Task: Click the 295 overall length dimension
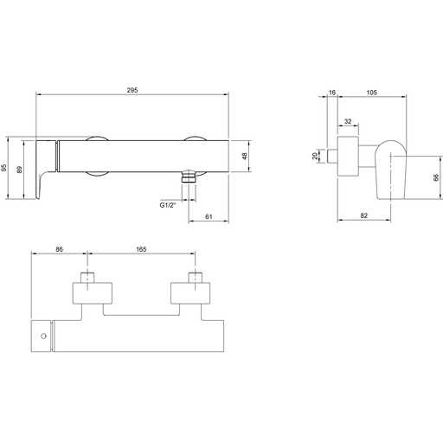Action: click(132, 90)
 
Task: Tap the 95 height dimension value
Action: click(3, 168)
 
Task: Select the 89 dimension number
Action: click(19, 170)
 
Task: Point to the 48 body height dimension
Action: click(244, 157)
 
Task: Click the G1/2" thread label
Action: click(168, 205)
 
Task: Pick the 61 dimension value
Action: click(209, 216)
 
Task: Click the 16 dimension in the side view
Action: click(332, 93)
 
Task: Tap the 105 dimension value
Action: click(372, 93)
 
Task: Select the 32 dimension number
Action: click(348, 121)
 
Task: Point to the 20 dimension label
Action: click(315, 156)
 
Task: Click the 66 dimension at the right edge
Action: click(436, 177)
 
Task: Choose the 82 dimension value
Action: click(364, 215)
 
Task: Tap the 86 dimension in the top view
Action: click(59, 249)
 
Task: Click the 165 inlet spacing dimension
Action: click(141, 249)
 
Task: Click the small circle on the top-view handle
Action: click(43, 336)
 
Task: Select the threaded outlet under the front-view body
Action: click(189, 177)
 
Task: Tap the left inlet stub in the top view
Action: click(87, 277)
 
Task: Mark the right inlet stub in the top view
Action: click(196, 277)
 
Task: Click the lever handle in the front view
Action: click(46, 170)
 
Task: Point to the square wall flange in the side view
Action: click(348, 156)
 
